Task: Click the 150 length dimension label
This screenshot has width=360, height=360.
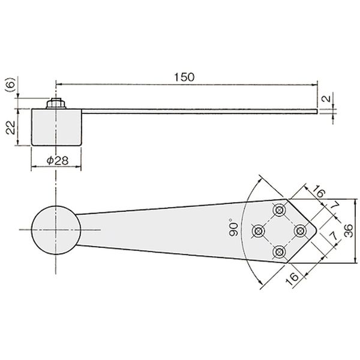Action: [x=184, y=77]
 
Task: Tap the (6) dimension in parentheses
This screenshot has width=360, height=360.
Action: [x=11, y=85]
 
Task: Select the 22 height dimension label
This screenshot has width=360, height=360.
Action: [x=11, y=128]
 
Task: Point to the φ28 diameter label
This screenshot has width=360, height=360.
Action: [x=58, y=160]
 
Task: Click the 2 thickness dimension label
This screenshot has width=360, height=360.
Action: [x=326, y=99]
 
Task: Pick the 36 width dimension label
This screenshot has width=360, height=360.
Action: [x=348, y=231]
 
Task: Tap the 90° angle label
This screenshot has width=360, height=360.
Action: [x=233, y=229]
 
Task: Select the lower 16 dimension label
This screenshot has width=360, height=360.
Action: [x=292, y=279]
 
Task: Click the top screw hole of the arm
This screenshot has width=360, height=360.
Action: [x=279, y=209]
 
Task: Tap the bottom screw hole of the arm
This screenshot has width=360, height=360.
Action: [x=279, y=252]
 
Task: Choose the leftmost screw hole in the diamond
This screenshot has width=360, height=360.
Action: [x=258, y=231]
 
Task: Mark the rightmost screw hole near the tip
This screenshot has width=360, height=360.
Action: [x=300, y=231]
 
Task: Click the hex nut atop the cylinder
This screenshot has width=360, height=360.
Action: [x=56, y=103]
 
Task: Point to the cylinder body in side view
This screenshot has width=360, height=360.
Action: [x=56, y=127]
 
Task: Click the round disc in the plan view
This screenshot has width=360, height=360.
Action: [x=56, y=230]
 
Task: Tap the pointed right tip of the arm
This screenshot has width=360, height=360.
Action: [x=317, y=230]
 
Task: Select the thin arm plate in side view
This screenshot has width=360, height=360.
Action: [x=199, y=112]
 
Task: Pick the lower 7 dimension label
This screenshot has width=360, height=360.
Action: [x=334, y=236]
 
